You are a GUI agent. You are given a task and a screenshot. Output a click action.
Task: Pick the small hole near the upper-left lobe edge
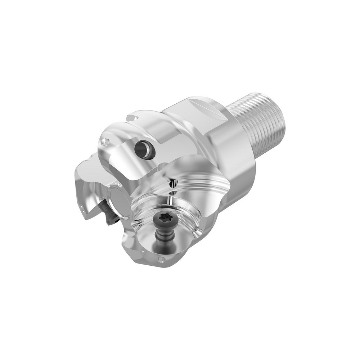[105, 142]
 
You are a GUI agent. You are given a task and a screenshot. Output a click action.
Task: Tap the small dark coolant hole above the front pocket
[174, 183]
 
